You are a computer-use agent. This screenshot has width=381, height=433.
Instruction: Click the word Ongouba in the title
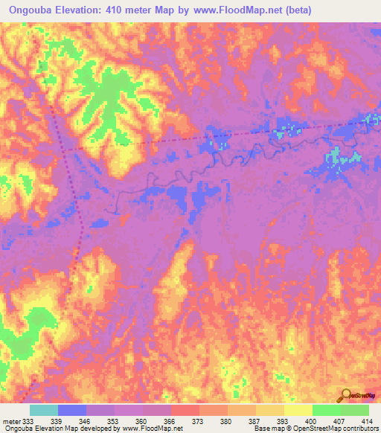pyautogui.click(x=33, y=10)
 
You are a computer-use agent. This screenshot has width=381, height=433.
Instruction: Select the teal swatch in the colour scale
pyautogui.click(x=44, y=410)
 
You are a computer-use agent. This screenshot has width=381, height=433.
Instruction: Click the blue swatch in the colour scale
pyautogui.click(x=72, y=410)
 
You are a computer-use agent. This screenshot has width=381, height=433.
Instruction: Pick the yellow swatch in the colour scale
pyautogui.click(x=298, y=410)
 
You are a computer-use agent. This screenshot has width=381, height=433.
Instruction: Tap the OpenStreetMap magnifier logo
pyautogui.click(x=347, y=396)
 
